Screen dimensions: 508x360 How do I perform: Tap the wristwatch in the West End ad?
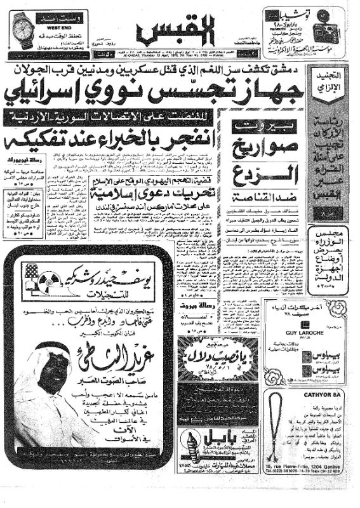24,30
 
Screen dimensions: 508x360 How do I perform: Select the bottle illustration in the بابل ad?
190,448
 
